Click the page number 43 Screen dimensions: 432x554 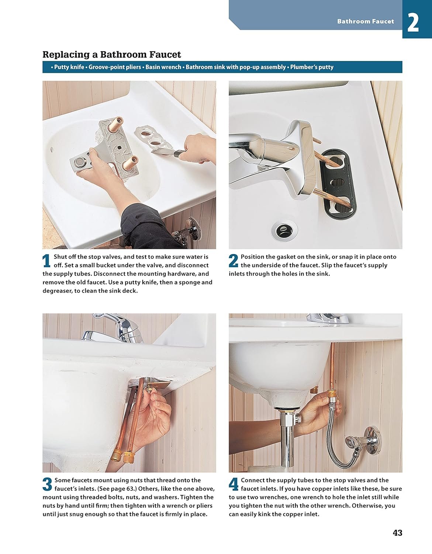pos(397,533)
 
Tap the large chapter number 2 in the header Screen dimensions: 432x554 pos(413,23)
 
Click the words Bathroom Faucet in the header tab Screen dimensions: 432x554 pos(366,21)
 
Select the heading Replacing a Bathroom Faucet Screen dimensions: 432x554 pos(112,55)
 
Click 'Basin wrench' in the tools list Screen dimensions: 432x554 pos(163,67)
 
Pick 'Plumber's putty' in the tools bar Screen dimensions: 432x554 pos(312,67)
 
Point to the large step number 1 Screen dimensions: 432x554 pos(46,261)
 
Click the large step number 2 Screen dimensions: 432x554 pos(234,261)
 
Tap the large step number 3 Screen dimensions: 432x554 pos(47,484)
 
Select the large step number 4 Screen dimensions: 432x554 pos(234,484)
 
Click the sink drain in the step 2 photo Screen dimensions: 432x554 pos(284,231)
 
